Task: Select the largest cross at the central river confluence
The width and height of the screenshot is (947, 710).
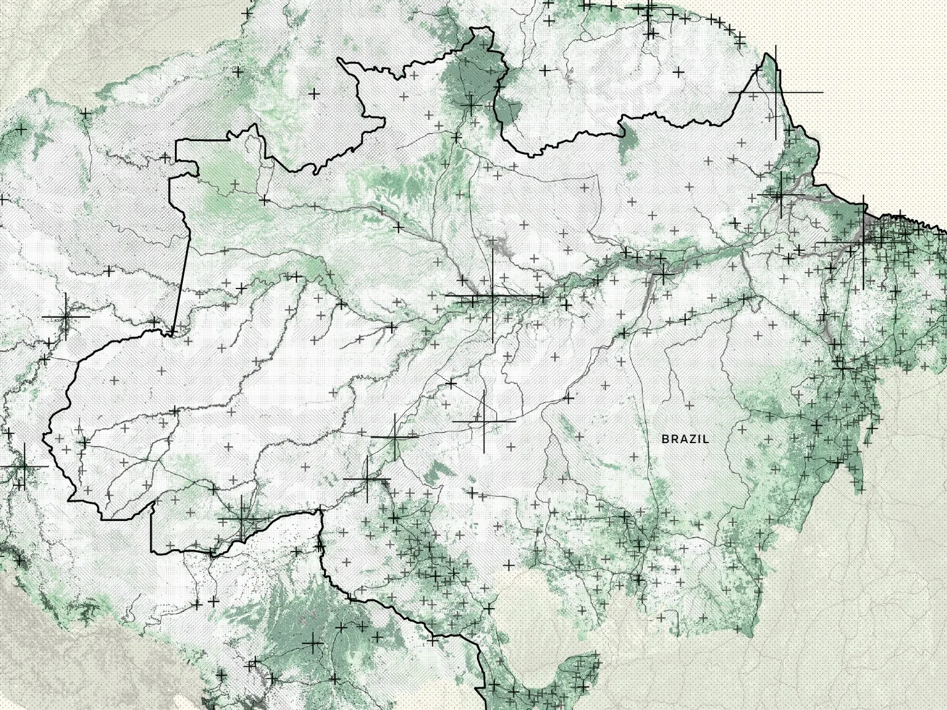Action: pos(492,296)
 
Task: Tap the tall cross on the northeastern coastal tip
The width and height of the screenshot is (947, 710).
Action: pos(776,92)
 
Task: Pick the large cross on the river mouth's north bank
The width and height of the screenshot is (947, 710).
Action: pos(781,195)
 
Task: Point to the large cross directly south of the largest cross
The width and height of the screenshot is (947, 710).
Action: pos(484,422)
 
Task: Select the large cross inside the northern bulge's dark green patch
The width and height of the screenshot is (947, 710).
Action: pos(471,105)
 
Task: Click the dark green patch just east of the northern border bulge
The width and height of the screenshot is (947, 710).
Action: pos(508,110)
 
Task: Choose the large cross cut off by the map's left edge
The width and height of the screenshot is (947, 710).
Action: pos(23,466)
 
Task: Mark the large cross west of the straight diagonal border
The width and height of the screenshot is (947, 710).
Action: pos(66,316)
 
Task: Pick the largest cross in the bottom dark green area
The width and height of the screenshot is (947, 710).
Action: pos(312,644)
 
